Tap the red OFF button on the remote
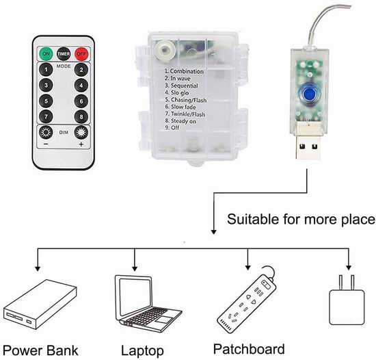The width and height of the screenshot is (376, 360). [81, 54]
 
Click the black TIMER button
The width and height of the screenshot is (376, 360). [64, 54]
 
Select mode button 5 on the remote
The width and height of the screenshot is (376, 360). [46, 101]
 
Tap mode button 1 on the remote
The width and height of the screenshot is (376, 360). [46, 70]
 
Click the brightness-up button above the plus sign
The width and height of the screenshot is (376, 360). [81, 133]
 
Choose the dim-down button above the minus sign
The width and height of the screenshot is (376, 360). [46, 132]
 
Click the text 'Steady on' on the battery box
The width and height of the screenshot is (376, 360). [183, 121]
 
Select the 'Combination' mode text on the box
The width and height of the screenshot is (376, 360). [187, 71]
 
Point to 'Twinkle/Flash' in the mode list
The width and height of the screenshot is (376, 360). [188, 114]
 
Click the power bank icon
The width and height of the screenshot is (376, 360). [40, 304]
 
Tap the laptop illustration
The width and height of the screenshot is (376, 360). [148, 304]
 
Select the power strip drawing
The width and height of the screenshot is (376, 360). [247, 300]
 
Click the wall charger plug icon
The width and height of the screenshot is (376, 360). [347, 300]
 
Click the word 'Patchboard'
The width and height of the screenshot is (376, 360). [249, 349]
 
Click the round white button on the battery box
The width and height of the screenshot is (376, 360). [164, 49]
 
